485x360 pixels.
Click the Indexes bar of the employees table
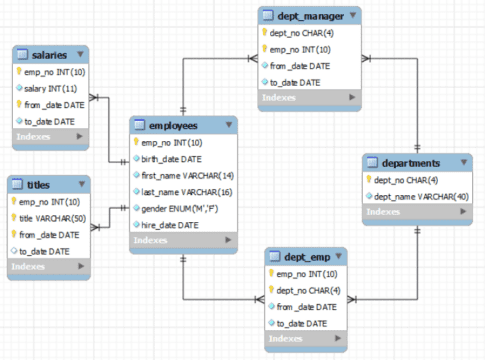click(x=185, y=241)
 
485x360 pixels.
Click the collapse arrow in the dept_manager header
click(x=353, y=16)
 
